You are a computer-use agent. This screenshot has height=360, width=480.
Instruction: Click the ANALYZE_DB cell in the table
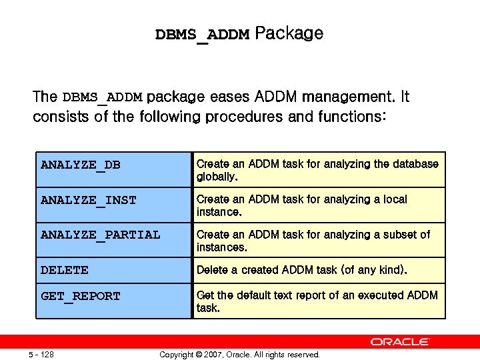tap(81, 165)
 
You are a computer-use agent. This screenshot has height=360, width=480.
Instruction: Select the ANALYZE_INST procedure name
tap(89, 200)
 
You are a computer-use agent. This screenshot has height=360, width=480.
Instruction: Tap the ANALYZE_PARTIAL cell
tap(101, 235)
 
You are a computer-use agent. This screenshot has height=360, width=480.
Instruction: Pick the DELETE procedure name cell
tap(65, 270)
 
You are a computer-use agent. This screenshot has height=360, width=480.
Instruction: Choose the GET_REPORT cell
tap(81, 296)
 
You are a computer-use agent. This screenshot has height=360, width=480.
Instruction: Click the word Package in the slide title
tap(289, 33)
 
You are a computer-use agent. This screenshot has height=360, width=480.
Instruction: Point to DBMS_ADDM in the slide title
tap(202, 35)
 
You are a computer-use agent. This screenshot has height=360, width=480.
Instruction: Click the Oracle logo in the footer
tap(400, 342)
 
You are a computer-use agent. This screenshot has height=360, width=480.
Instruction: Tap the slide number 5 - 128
tap(41, 355)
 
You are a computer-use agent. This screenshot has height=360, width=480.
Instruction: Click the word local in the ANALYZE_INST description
tap(393, 199)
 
